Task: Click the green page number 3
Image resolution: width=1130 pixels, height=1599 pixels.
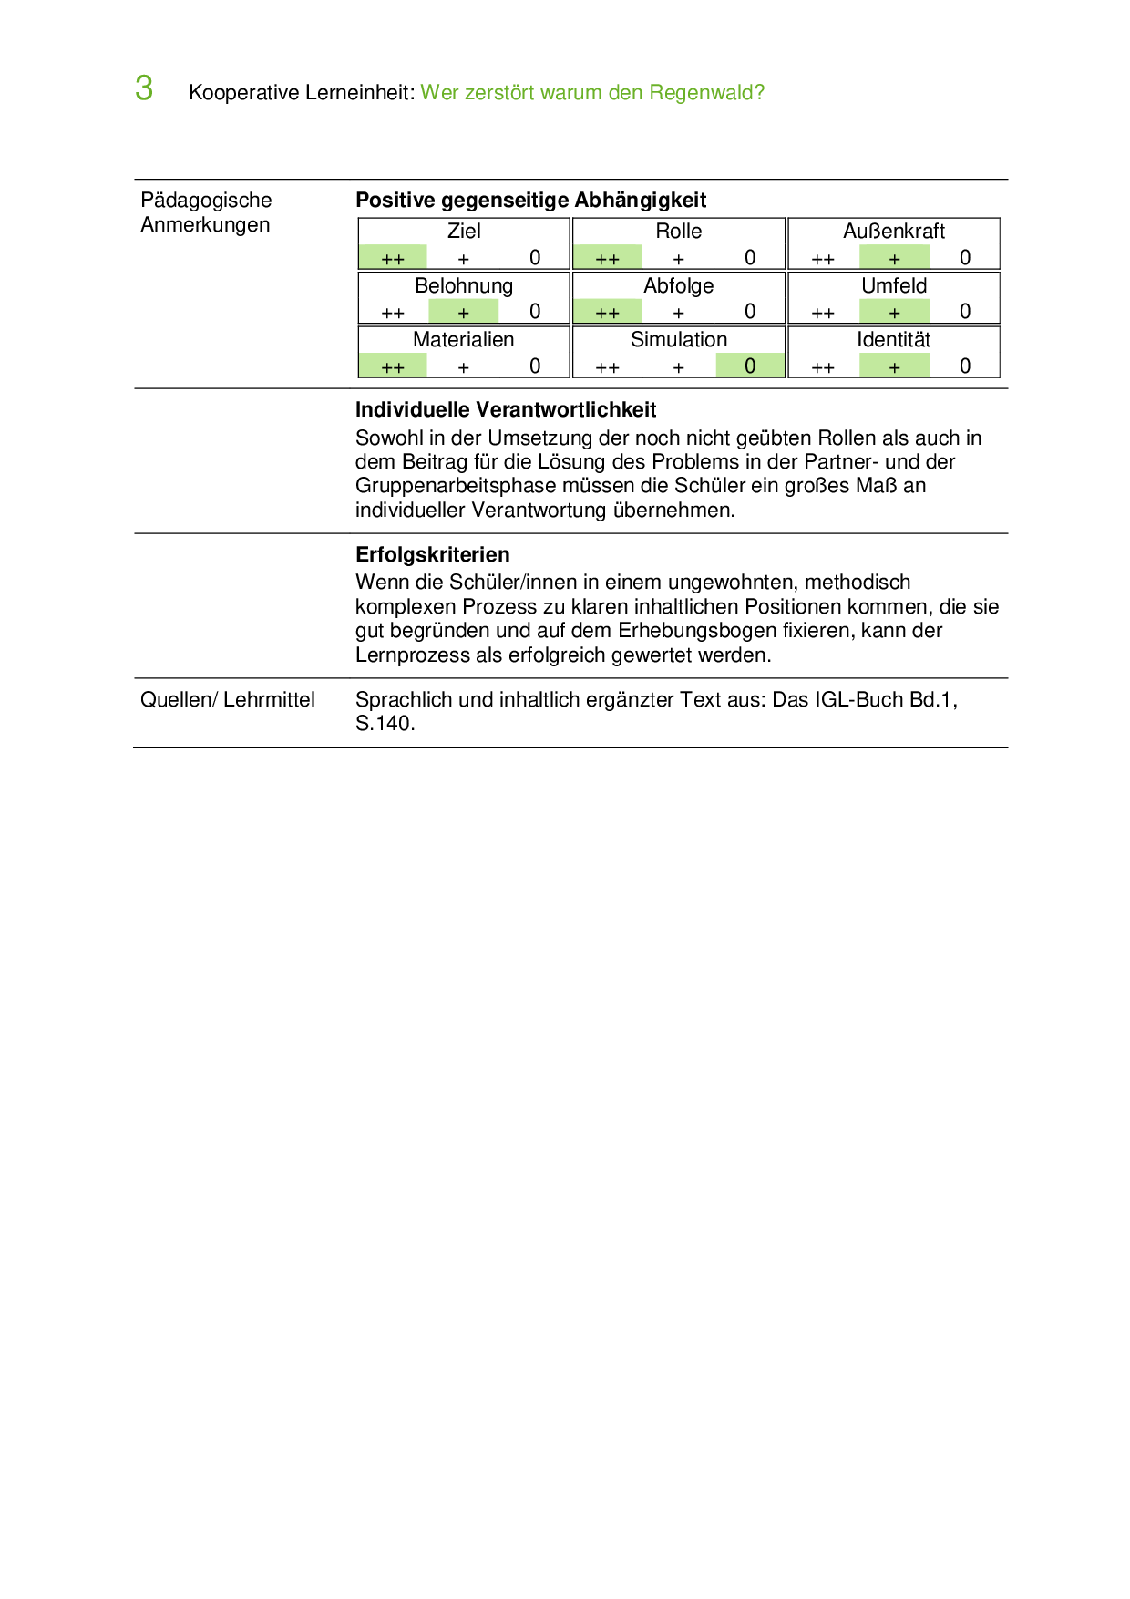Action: [x=144, y=89]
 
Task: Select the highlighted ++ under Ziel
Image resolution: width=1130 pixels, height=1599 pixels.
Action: [x=393, y=259]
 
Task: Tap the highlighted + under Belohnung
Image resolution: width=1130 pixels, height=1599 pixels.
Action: [x=464, y=313]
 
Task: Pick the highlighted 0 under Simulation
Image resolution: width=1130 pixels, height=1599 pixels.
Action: [x=750, y=366]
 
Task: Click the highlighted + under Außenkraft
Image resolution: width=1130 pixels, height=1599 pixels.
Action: [x=894, y=259]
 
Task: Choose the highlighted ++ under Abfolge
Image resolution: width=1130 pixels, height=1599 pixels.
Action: [x=607, y=313]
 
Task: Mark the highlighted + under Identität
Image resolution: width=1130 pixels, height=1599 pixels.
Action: [x=894, y=366]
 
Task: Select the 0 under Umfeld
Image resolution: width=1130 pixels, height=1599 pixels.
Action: [x=965, y=312]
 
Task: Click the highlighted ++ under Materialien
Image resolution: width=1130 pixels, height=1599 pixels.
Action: [x=393, y=367]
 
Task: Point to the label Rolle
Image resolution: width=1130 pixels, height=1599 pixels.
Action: [x=679, y=232]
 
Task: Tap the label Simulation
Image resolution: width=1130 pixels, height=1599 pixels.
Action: [x=679, y=340]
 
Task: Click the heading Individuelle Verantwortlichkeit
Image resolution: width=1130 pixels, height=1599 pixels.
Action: [x=506, y=410]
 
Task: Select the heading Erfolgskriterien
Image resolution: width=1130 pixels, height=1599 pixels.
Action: [x=433, y=555]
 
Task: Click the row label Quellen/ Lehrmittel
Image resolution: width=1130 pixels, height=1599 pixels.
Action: [x=228, y=700]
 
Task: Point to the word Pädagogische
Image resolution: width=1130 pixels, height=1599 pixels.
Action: [x=206, y=201]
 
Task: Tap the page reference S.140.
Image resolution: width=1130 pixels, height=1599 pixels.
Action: [x=385, y=724]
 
